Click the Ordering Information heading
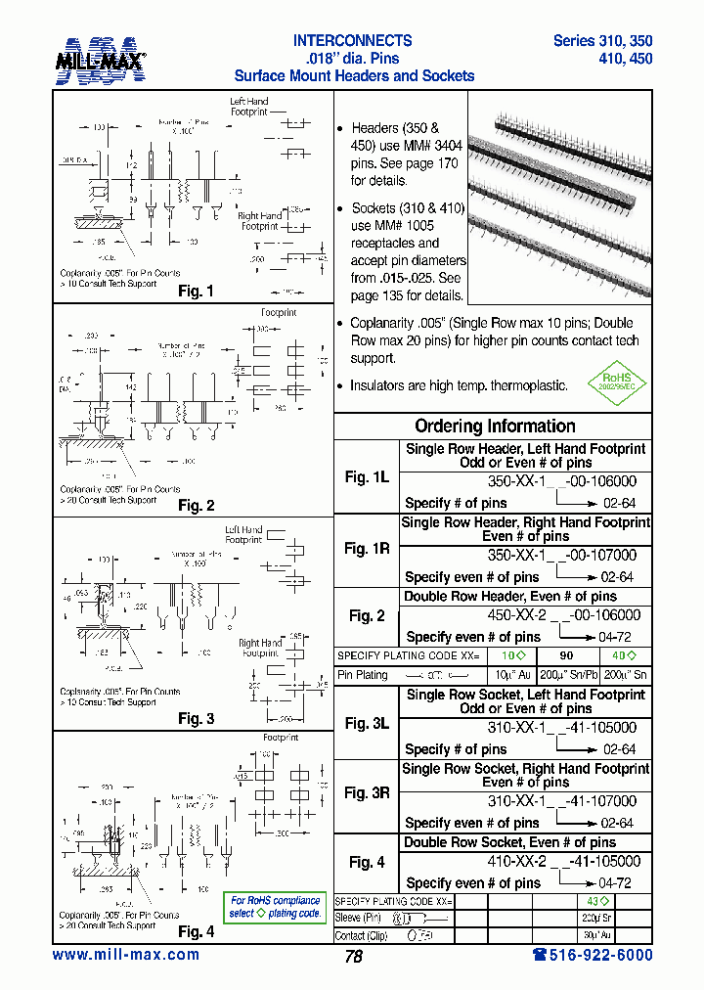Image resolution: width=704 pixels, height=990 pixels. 495,427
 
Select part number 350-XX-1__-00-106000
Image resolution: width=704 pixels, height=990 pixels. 562,482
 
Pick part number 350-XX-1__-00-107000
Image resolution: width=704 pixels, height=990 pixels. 562,556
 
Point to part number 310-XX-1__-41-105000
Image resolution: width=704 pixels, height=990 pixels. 562,728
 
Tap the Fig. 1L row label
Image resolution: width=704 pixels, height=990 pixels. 367,476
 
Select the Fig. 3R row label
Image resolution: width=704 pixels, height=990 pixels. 367,793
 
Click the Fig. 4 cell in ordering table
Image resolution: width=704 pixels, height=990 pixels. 367,862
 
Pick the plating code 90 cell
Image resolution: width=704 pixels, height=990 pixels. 566,655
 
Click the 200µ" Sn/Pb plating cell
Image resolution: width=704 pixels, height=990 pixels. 566,675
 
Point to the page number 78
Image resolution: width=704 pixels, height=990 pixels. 353,957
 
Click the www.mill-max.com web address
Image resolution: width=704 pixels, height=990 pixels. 125,955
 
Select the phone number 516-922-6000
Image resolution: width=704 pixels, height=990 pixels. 593,955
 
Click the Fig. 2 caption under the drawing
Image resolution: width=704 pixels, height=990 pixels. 196,506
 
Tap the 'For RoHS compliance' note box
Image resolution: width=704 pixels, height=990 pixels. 275,907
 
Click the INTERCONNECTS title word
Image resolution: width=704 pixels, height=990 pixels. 353,41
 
